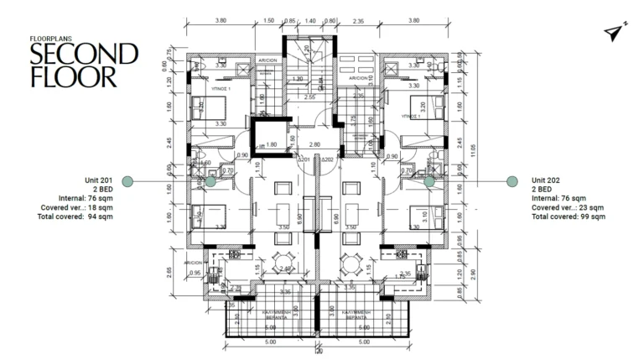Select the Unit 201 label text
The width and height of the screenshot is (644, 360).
coord(98,180)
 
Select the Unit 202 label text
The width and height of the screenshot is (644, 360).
coord(546,180)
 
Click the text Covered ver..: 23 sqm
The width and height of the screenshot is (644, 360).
coord(569,207)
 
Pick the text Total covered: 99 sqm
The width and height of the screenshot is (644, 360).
coord(569,217)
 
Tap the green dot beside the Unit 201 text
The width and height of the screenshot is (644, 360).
coord(127,180)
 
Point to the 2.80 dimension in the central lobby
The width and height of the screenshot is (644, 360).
coord(314,144)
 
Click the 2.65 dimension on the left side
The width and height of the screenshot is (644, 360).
coord(169,271)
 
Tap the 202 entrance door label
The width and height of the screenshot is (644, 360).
coord(329,159)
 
